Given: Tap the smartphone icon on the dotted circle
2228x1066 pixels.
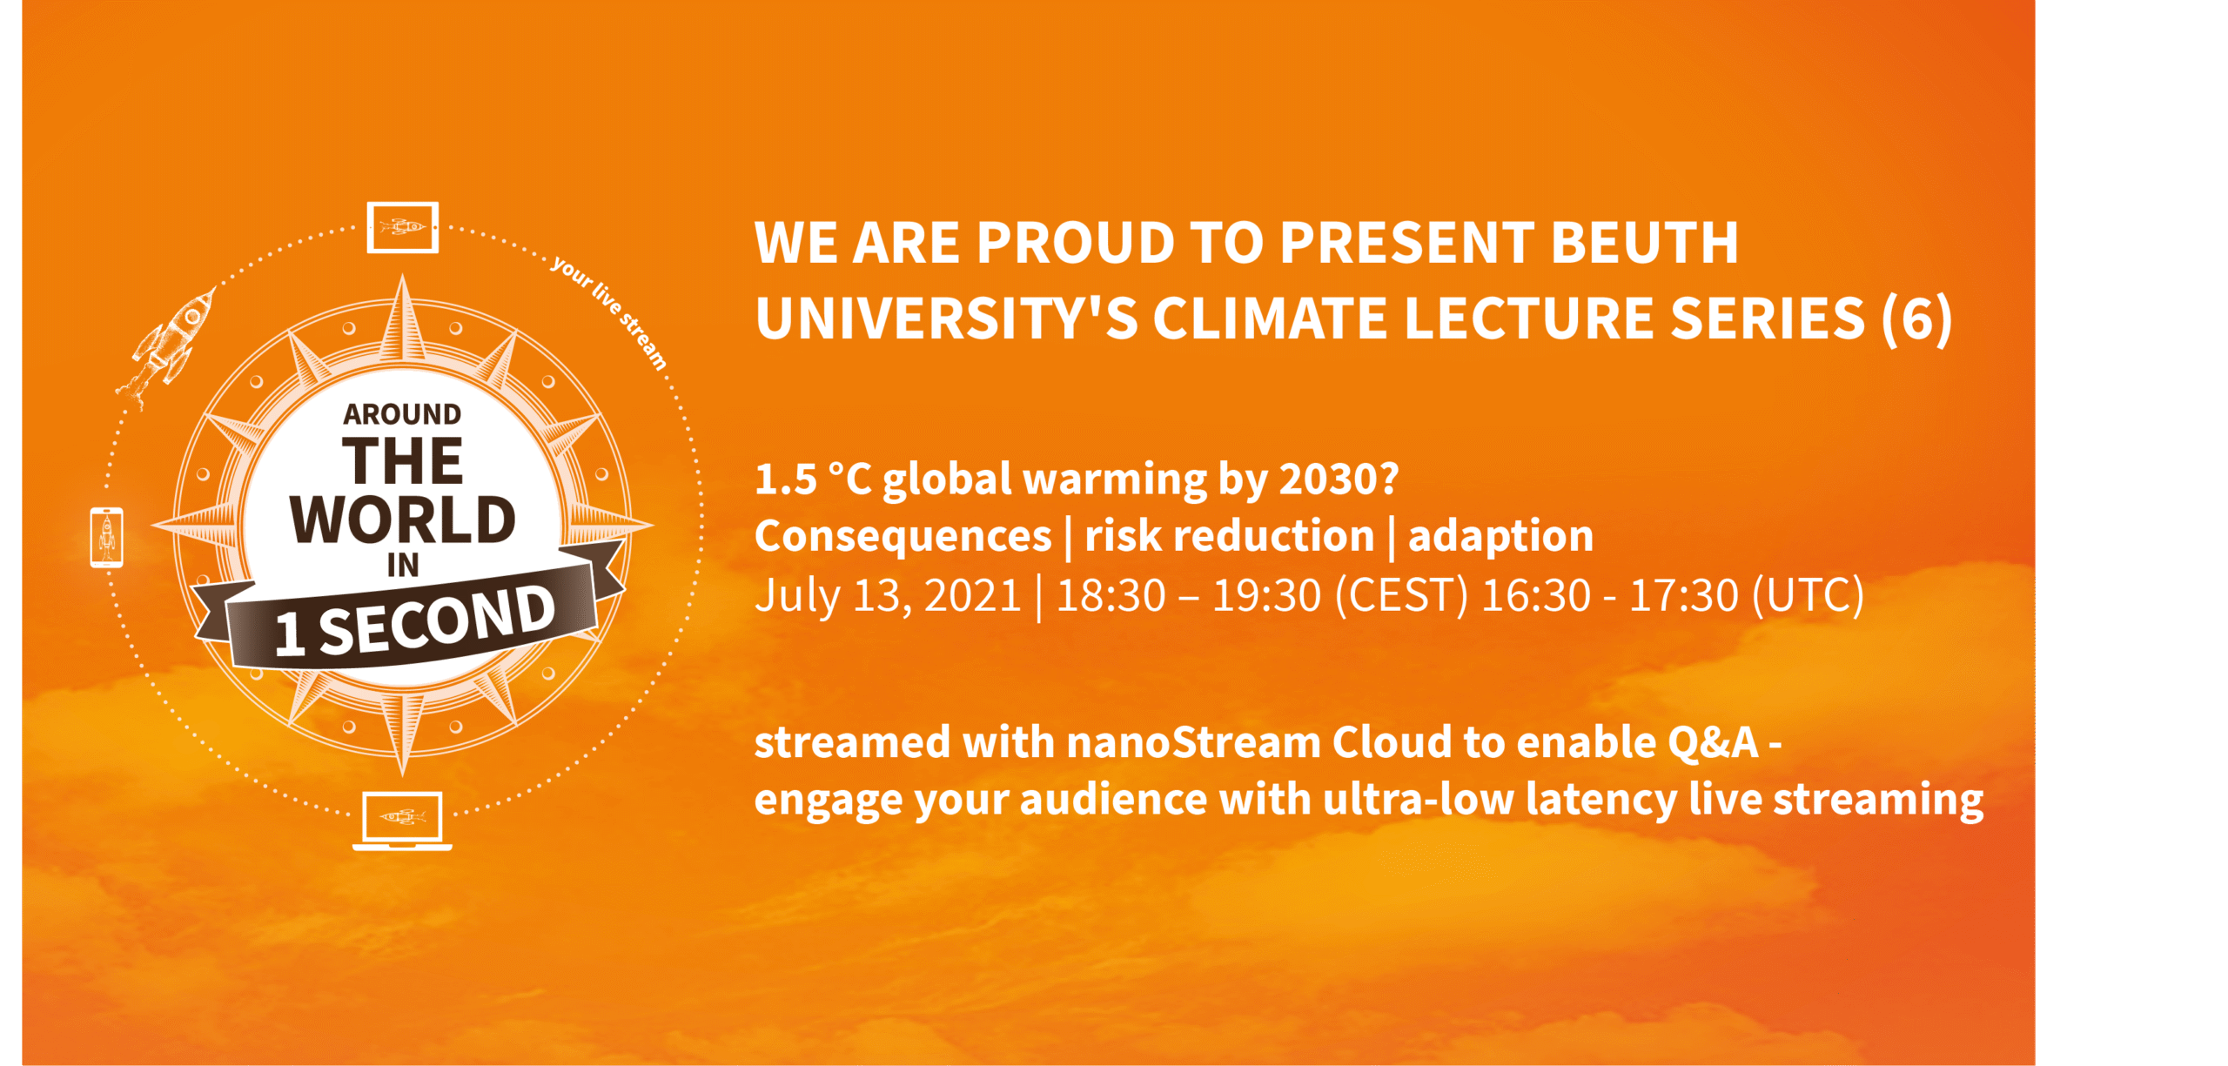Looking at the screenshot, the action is tap(106, 537).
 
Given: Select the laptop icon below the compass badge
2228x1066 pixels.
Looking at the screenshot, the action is tap(402, 820).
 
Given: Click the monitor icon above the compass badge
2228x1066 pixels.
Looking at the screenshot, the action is tap(402, 227).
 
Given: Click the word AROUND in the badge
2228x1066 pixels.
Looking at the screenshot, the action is tap(402, 414).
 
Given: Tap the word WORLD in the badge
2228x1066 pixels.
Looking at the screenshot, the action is tap(403, 520).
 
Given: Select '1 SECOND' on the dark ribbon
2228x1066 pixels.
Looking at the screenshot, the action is tap(414, 620).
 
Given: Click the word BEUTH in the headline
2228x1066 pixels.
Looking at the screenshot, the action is tap(1644, 242).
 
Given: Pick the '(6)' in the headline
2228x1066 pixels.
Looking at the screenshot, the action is tap(1916, 318).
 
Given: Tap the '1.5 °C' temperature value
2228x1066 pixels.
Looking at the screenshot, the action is tap(813, 479).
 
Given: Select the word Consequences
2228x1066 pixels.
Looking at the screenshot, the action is tap(903, 536).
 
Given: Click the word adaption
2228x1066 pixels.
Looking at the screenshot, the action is tap(1500, 536).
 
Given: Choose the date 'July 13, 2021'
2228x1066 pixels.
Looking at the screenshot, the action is tap(888, 596).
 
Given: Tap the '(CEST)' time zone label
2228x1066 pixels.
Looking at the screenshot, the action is tap(1401, 596).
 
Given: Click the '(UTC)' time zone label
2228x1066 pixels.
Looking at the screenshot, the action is tap(1808, 596).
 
